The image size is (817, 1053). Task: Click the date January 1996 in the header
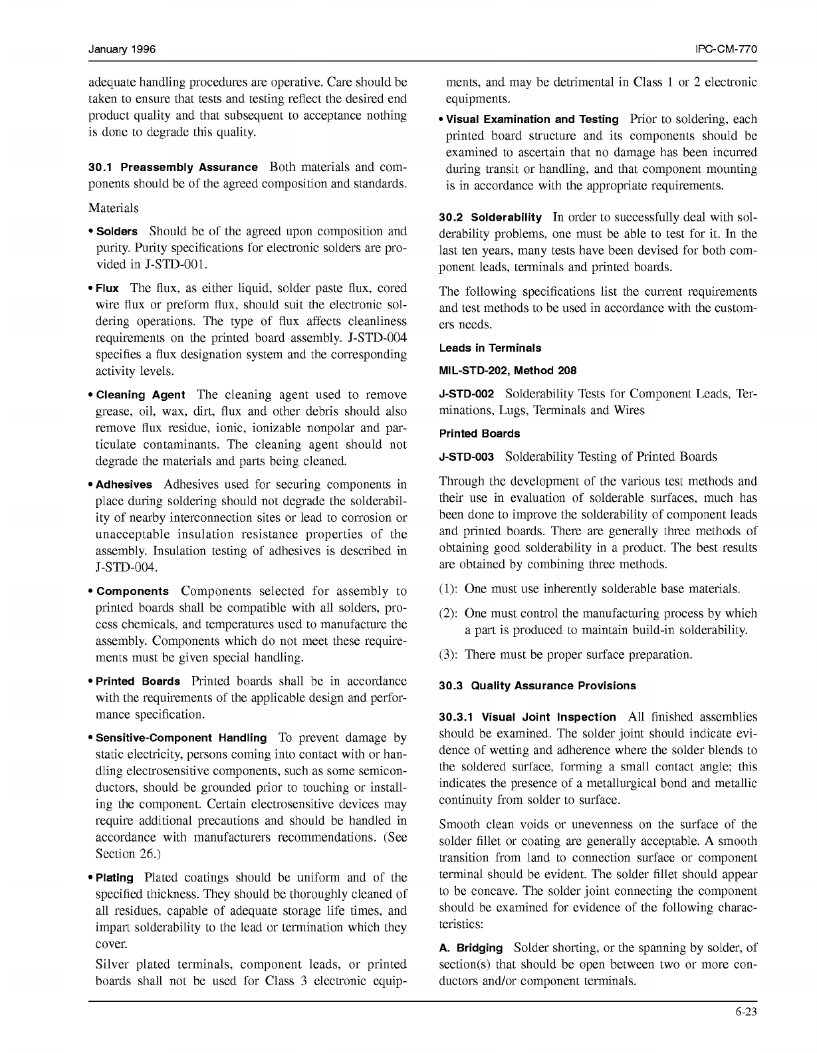coord(122,50)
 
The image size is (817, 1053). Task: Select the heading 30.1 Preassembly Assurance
coord(173,168)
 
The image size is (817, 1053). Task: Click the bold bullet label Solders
coord(117,232)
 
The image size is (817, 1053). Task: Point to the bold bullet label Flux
coord(107,289)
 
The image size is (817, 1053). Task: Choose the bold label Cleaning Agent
coord(140,395)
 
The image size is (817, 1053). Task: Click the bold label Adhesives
coord(124,485)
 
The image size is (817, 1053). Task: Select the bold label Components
coord(132,592)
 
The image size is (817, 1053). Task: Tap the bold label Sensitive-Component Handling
coord(181,738)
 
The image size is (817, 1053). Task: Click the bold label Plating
coord(114,878)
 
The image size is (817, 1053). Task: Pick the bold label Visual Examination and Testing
coord(532,120)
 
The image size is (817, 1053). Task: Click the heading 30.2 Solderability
coord(490,218)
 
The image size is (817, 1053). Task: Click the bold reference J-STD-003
coord(466,457)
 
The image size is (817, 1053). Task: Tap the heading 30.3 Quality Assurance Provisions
coord(537,686)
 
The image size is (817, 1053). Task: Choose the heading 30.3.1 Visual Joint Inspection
coord(527,717)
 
